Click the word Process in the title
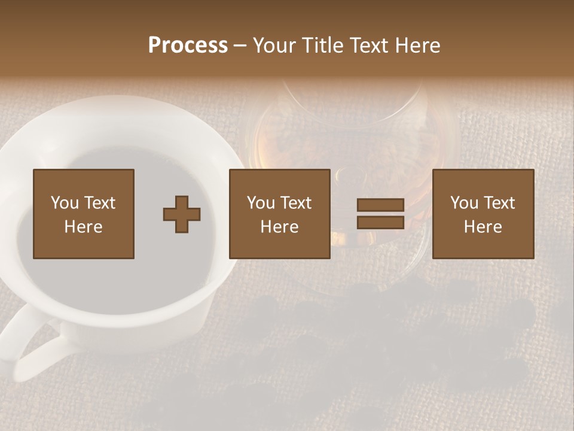188,45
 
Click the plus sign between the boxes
182,214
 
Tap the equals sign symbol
380,214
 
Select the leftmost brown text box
83,214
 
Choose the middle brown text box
279,214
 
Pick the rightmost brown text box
483,214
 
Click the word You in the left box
65,203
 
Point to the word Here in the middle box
279,227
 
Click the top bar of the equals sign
380,205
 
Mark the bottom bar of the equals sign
380,222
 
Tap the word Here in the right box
483,227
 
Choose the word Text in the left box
99,203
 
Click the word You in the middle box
261,203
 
